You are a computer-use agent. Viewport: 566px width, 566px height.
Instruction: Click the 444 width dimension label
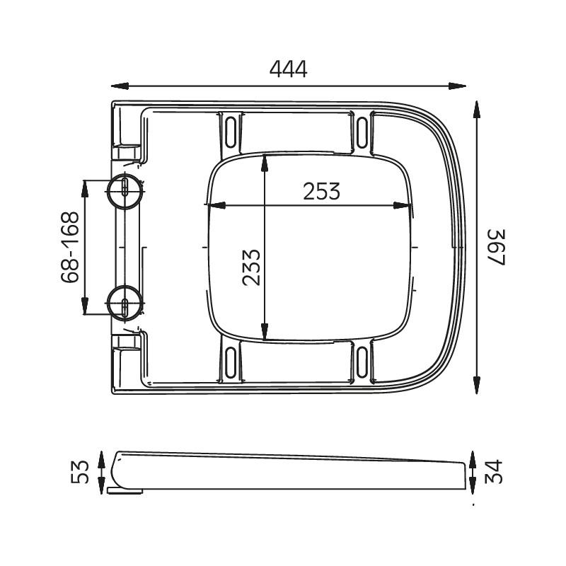[x=288, y=69]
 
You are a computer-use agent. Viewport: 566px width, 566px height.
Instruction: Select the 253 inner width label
[x=321, y=191]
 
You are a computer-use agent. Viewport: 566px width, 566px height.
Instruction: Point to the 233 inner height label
[x=251, y=267]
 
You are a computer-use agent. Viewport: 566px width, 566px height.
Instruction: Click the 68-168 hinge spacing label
[x=69, y=247]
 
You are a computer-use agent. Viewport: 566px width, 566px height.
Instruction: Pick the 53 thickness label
[x=80, y=472]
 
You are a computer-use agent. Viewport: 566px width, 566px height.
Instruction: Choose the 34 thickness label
[x=493, y=471]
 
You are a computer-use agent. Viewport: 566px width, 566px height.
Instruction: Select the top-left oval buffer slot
[x=231, y=132]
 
